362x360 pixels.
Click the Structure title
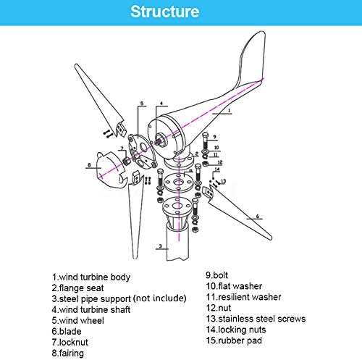point(181,12)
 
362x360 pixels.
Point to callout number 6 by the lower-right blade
point(257,216)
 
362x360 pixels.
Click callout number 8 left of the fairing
point(89,164)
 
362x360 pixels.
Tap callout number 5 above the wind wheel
point(142,104)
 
